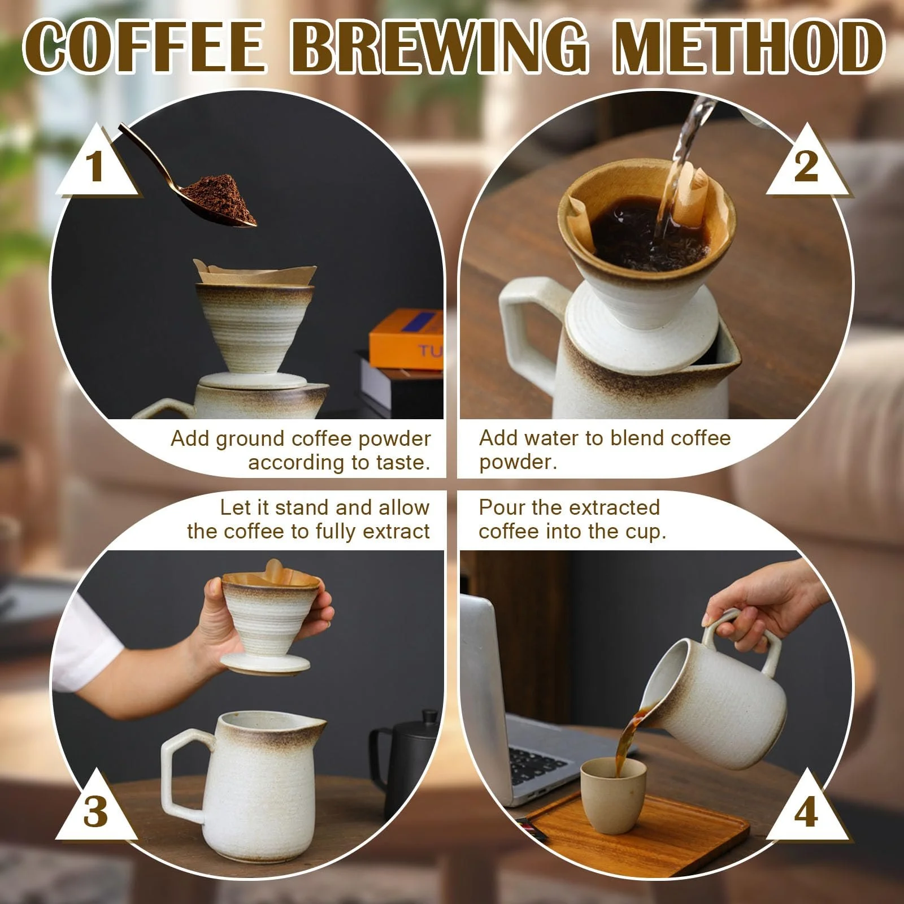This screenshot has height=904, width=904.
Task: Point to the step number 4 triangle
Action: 806,812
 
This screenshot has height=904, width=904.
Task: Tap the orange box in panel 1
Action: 407,339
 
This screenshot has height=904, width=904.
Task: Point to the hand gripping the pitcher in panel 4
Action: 763,605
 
